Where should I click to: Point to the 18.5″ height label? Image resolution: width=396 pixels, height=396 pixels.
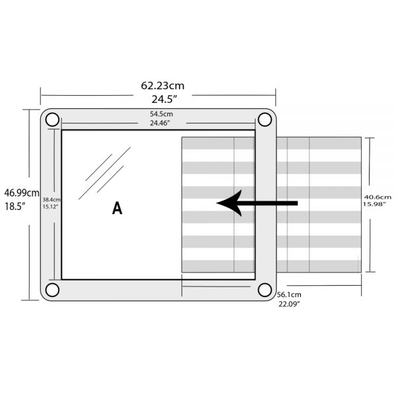(15, 206)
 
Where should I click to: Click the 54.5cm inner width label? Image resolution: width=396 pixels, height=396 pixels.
(160, 114)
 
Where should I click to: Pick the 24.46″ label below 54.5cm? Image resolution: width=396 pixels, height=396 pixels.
(160, 123)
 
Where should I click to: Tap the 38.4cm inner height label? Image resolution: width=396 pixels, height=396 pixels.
(51, 199)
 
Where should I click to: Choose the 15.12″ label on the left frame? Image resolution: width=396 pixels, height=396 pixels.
(51, 207)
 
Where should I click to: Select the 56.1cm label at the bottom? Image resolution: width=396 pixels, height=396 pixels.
(289, 294)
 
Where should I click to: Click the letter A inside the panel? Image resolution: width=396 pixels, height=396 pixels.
(117, 209)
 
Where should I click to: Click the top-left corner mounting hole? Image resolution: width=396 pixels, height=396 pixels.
(52, 120)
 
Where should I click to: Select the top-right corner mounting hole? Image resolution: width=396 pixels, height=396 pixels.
(265, 119)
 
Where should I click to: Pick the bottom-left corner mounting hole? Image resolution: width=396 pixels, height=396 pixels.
(52, 290)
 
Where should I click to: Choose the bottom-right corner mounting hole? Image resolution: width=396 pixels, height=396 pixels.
(265, 290)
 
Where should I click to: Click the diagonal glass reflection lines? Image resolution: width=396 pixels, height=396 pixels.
(104, 174)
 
